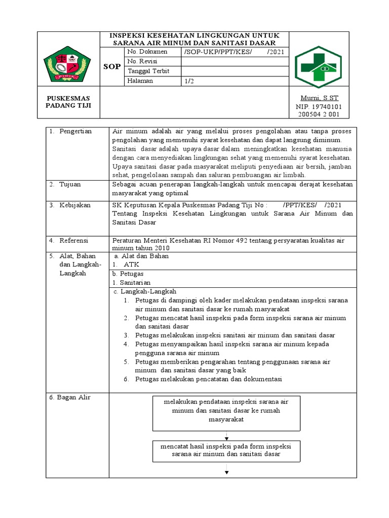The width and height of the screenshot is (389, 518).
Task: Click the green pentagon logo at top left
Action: (67, 63)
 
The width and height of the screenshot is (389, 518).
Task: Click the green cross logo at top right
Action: (319, 64)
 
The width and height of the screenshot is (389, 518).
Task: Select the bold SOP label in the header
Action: (111, 67)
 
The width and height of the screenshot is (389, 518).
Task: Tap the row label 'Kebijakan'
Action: (75, 205)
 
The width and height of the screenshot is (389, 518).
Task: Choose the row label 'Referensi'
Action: (74, 240)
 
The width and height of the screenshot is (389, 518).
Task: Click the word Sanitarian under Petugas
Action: (134, 283)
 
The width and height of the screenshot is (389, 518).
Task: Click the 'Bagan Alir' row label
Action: (70, 398)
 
